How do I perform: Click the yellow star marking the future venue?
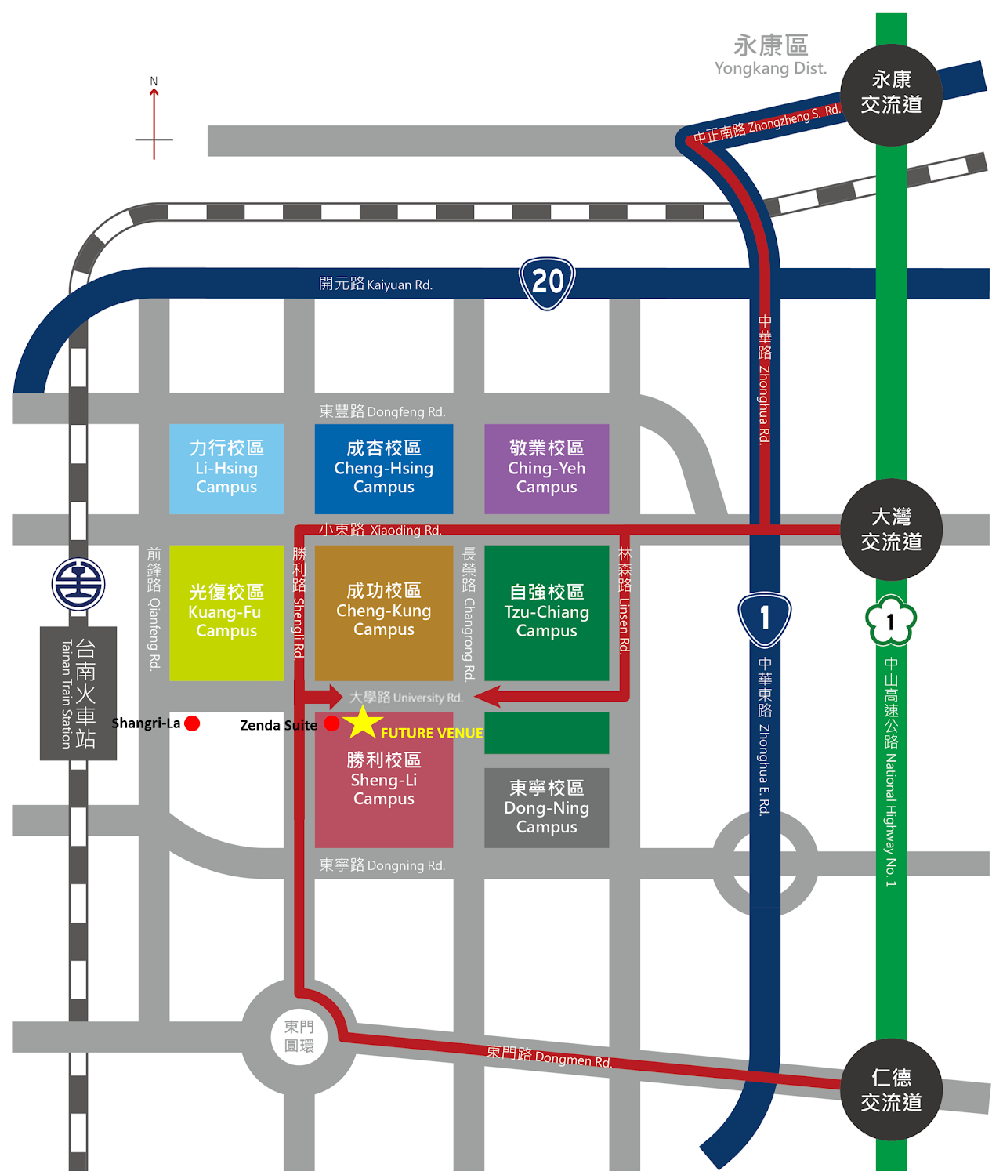click(363, 723)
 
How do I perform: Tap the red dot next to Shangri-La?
click(192, 723)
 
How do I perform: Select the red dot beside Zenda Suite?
click(332, 723)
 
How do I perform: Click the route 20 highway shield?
click(547, 283)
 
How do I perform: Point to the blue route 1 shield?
click(765, 619)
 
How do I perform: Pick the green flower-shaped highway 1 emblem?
click(890, 620)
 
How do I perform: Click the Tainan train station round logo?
click(78, 584)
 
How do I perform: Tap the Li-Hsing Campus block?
click(226, 469)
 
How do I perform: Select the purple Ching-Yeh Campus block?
click(546, 469)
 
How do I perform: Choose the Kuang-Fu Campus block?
click(226, 612)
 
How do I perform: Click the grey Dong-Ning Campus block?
click(546, 808)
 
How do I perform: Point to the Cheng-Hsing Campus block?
click(384, 469)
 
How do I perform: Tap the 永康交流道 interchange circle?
click(891, 95)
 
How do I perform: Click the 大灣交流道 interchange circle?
click(891, 529)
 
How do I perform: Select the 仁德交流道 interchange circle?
click(891, 1089)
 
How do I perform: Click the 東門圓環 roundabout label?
click(299, 1036)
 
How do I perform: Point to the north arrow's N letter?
click(154, 81)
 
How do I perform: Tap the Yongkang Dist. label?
click(771, 68)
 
